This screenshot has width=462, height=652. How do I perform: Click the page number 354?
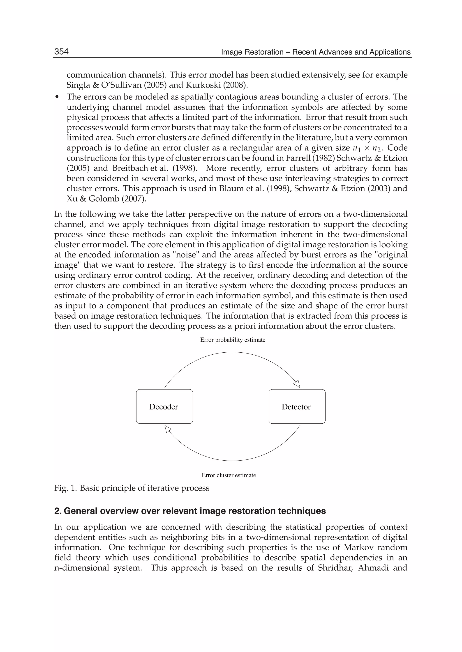61,51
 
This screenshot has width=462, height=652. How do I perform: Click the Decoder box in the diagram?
164,407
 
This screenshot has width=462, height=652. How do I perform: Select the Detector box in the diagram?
297,407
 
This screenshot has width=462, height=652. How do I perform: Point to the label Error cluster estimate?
229,475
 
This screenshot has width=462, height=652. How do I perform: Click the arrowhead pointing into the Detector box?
297,384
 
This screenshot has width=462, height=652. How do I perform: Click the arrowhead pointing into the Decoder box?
168,429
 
